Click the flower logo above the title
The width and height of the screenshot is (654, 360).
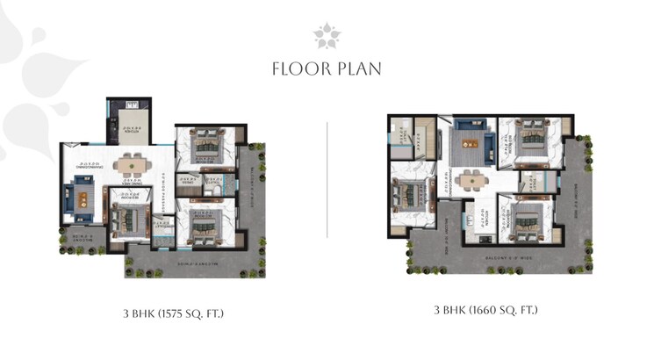[x=327, y=36]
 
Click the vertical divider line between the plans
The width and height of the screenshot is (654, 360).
[x=327, y=180]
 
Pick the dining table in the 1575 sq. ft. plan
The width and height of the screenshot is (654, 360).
[x=131, y=163]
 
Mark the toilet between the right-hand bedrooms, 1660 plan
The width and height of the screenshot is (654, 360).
[x=531, y=182]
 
